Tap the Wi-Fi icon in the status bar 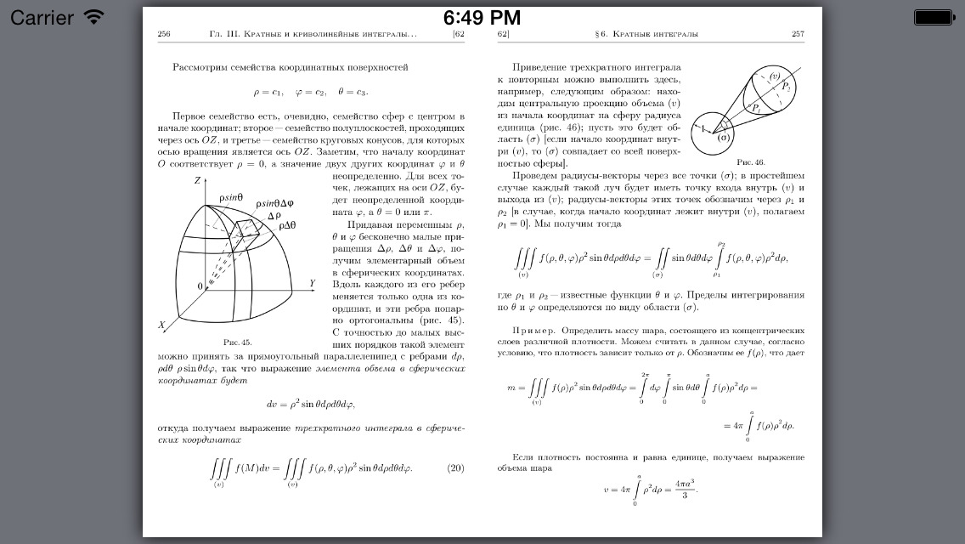point(93,17)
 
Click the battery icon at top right point(934,17)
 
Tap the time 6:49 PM point(482,17)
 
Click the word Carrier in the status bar point(42,17)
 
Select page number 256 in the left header point(164,35)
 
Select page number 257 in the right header point(797,35)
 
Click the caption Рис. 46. point(750,161)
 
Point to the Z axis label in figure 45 point(197,181)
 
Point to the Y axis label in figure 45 point(312,283)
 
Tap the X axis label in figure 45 point(161,326)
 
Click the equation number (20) point(455,467)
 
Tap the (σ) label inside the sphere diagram point(724,137)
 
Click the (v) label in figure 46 point(774,77)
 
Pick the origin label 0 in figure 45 point(200,286)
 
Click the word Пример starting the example point(533,329)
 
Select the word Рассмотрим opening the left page point(205,67)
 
